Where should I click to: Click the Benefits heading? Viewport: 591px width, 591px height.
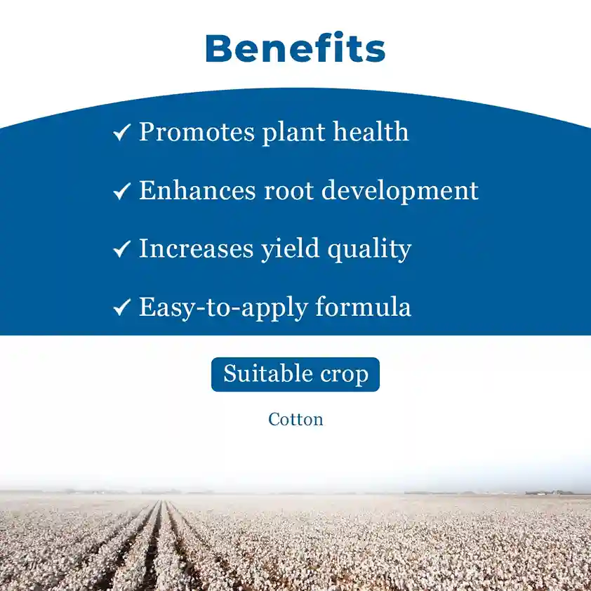click(295, 48)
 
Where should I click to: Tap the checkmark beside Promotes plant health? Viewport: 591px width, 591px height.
click(121, 132)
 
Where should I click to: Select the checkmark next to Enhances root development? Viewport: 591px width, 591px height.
click(121, 191)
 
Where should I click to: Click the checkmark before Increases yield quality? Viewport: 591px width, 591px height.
click(121, 249)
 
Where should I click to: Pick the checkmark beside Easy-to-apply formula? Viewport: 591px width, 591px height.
click(121, 307)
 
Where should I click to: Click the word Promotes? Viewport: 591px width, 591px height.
click(197, 133)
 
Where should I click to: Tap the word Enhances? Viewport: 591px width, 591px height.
click(197, 190)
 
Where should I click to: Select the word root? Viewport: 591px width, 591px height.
click(288, 191)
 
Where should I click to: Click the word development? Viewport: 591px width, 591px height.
click(400, 192)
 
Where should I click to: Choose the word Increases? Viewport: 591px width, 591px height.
click(197, 248)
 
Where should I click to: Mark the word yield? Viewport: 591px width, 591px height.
click(290, 249)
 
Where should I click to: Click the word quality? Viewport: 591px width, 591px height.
click(369, 249)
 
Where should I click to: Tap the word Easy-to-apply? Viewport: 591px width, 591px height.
click(223, 308)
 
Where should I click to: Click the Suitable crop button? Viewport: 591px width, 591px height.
click(295, 374)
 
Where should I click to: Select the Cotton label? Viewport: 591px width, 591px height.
click(296, 420)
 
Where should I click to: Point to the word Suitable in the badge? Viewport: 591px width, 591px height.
click(268, 373)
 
